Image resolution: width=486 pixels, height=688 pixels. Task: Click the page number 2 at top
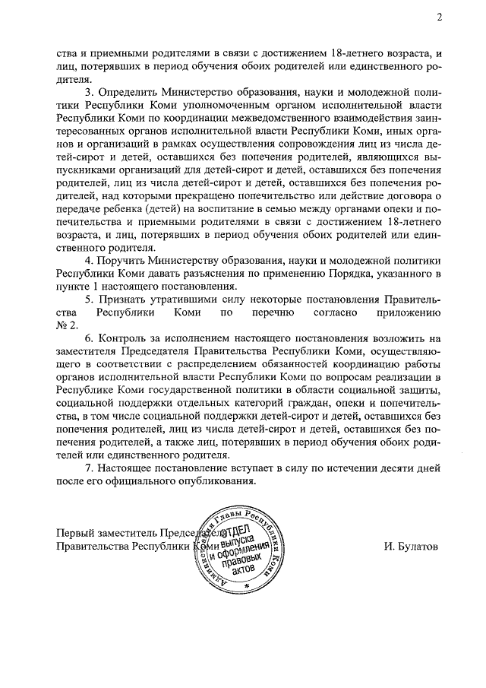coord(439,17)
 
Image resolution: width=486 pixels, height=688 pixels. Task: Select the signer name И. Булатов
coord(411,546)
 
